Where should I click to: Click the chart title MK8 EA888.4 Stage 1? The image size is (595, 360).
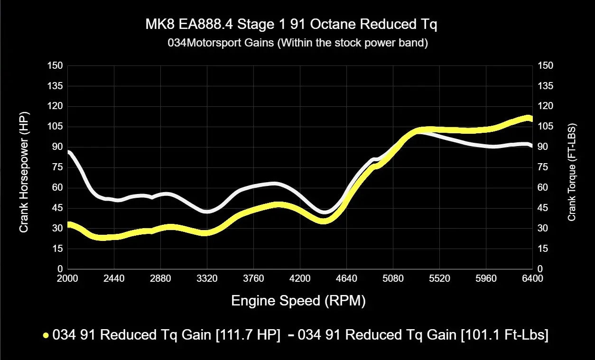pyautogui.click(x=291, y=25)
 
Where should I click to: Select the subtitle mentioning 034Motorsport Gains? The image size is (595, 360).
pyautogui.click(x=297, y=43)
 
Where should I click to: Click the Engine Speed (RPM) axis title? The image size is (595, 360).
pyautogui.click(x=298, y=301)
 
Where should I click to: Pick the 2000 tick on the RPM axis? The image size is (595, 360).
pyautogui.click(x=67, y=279)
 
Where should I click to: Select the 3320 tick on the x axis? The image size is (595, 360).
pyautogui.click(x=207, y=279)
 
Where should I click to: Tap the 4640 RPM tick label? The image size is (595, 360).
pyautogui.click(x=346, y=279)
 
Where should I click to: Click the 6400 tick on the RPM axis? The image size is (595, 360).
pyautogui.click(x=532, y=279)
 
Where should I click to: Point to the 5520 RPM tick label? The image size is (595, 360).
pyautogui.click(x=439, y=279)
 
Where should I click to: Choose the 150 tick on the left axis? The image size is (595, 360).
pyautogui.click(x=55, y=65)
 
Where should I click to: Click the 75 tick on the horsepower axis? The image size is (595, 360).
pyautogui.click(x=57, y=167)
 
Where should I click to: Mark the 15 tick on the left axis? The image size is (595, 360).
pyautogui.click(x=57, y=249)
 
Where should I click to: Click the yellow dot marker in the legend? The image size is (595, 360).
pyautogui.click(x=46, y=335)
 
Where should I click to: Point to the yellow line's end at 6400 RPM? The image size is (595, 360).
pyautogui.click(x=531, y=119)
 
